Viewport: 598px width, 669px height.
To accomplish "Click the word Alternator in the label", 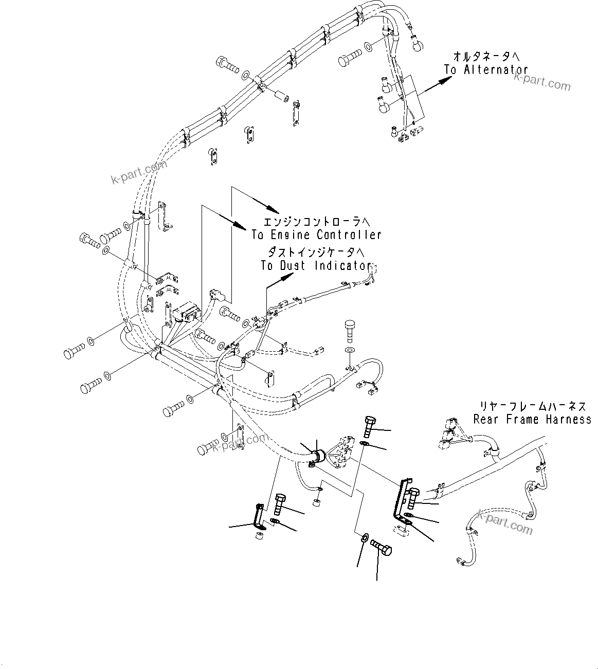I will point(496,69).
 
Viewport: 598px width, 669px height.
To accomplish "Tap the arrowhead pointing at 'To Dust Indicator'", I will point(288,276).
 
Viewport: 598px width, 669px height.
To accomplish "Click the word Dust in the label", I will point(293,265).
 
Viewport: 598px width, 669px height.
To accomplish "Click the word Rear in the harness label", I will point(487,420).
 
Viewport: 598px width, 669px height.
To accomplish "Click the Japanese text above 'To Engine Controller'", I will point(316,222).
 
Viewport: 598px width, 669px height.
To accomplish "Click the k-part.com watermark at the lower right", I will point(505,521).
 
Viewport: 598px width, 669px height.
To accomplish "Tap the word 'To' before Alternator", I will point(450,69).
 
